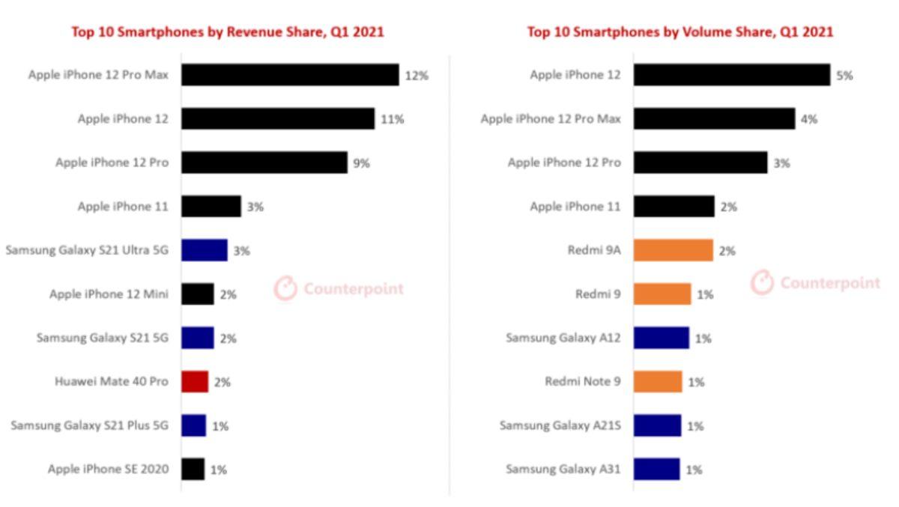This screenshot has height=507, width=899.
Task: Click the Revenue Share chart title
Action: click(227, 31)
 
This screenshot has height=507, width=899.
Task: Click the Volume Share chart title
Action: click(679, 31)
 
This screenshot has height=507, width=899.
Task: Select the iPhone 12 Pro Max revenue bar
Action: click(290, 75)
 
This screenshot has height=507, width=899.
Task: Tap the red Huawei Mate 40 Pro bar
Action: click(195, 382)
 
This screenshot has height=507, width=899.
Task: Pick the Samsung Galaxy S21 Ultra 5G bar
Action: click(204, 250)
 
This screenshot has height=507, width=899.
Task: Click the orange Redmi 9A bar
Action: click(673, 250)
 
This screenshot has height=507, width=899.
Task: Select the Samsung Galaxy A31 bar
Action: click(656, 470)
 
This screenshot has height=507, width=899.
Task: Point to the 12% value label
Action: click(417, 76)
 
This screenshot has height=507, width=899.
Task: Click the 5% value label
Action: click(844, 76)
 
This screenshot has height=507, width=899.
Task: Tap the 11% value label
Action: click(392, 119)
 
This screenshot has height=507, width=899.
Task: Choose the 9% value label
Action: click(361, 163)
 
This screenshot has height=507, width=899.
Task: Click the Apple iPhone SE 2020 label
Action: click(108, 470)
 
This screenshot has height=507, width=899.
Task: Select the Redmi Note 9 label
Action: click(582, 382)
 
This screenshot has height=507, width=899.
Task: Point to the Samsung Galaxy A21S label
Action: click(560, 426)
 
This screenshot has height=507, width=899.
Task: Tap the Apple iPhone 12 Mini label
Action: click(109, 294)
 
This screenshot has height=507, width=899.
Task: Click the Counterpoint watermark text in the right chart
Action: click(830, 283)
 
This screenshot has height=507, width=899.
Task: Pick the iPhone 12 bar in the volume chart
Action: click(731, 75)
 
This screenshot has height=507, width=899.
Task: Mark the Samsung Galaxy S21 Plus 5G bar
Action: click(193, 425)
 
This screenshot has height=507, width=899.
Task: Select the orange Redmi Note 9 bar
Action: click(657, 382)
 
